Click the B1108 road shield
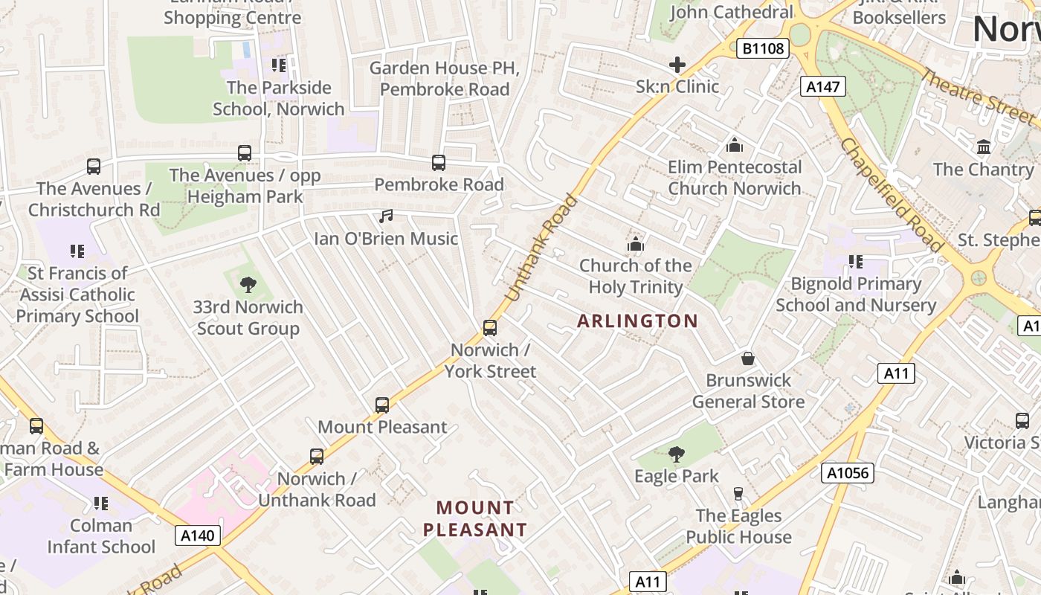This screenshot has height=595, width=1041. pyautogui.click(x=763, y=49)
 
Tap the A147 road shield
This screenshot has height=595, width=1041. pyautogui.click(x=823, y=87)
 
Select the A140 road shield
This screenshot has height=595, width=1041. pyautogui.click(x=198, y=535)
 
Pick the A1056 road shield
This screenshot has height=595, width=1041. pyautogui.click(x=848, y=473)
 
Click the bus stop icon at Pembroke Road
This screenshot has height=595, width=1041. pyautogui.click(x=439, y=162)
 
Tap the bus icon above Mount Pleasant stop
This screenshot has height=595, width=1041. pyautogui.click(x=382, y=405)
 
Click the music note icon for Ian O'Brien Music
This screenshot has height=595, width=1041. pyautogui.click(x=385, y=216)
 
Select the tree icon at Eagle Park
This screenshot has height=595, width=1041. pyautogui.click(x=676, y=454)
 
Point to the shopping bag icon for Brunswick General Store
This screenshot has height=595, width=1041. pyautogui.click(x=748, y=358)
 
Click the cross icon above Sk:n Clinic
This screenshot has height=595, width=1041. pyautogui.click(x=677, y=65)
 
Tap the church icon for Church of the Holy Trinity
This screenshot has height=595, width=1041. pyautogui.click(x=635, y=244)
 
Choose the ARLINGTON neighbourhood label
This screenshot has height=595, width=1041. pyautogui.click(x=637, y=321)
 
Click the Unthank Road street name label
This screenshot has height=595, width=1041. pyautogui.click(x=541, y=248)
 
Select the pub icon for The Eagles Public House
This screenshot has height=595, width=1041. pyautogui.click(x=738, y=494)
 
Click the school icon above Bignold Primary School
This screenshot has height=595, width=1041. pyautogui.click(x=856, y=262)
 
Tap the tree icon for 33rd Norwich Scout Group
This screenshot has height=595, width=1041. pyautogui.click(x=248, y=285)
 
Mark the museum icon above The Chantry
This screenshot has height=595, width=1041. pyautogui.click(x=984, y=147)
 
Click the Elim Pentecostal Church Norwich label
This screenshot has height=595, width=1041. pyautogui.click(x=735, y=178)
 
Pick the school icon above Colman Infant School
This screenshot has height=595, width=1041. pyautogui.click(x=101, y=504)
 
